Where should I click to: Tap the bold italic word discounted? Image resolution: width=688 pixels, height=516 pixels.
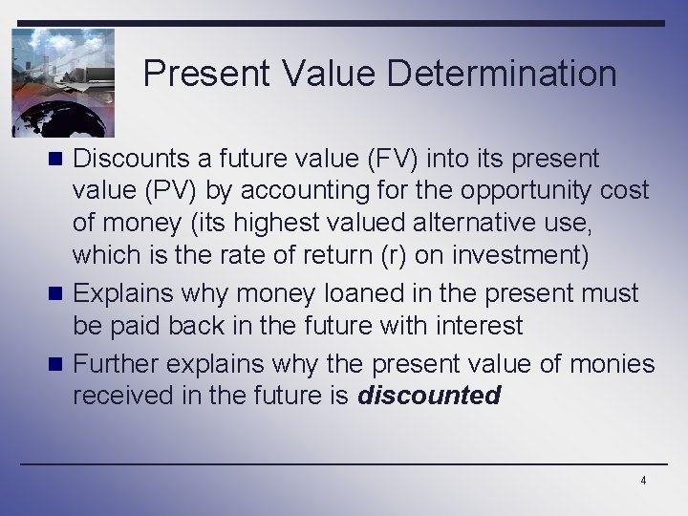coord(429,395)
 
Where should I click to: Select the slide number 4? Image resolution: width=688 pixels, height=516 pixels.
coord(643,481)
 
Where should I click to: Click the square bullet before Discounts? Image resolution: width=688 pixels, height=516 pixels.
coord(59,159)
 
